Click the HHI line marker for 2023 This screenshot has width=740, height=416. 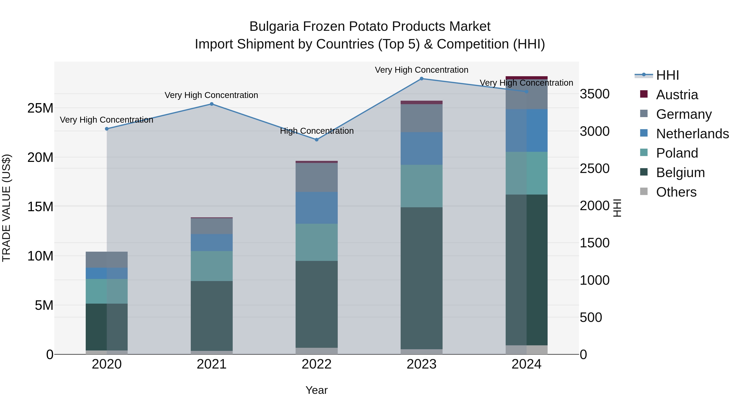tap(421, 79)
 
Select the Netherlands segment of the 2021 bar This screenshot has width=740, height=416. tap(212, 242)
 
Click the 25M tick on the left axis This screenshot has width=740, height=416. tap(40, 108)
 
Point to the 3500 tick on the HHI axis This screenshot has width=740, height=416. tap(594, 94)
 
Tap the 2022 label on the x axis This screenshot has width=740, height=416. tap(317, 364)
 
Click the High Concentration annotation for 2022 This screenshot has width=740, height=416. tap(317, 131)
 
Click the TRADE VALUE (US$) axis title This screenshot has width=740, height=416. tap(6, 208)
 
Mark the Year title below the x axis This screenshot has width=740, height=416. tap(317, 390)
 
